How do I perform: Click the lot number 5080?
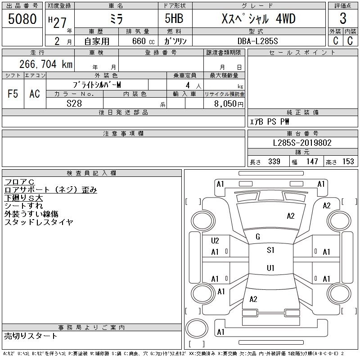click(22, 19)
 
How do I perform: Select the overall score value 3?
click(343, 19)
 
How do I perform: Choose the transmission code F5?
click(13, 94)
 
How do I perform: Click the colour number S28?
click(74, 103)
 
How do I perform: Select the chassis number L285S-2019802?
click(303, 143)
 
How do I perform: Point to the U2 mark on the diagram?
click(215, 240)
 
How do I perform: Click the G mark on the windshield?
click(258, 237)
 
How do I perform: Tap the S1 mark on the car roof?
click(270, 250)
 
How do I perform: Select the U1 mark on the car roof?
click(270, 268)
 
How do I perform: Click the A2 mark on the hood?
click(291, 216)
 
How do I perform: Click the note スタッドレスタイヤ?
click(39, 222)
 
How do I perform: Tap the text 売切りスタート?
click(31, 336)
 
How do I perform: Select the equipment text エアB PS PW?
click(270, 121)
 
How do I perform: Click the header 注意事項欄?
click(123, 134)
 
